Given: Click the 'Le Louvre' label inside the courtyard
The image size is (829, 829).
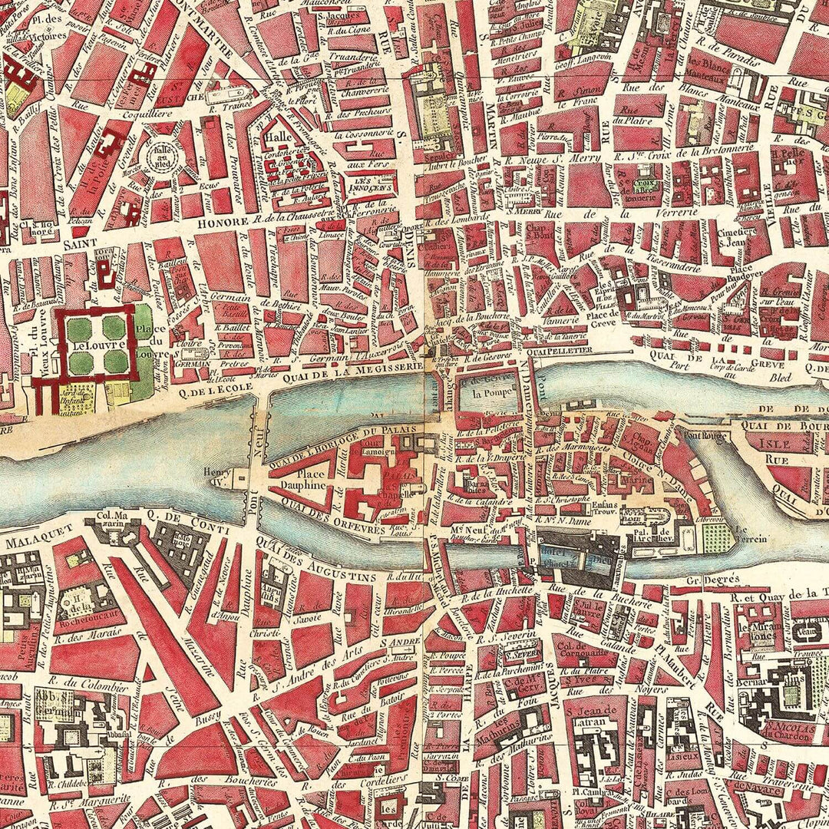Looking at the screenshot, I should point(91,345).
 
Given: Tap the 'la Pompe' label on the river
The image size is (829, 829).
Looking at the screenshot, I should point(486,393).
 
